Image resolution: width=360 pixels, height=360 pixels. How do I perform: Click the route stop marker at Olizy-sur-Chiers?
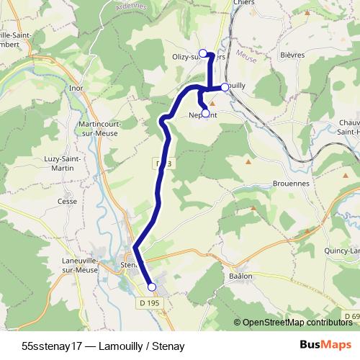tap(202, 53)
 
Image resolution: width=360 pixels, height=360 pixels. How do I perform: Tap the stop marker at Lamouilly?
tap(225, 87)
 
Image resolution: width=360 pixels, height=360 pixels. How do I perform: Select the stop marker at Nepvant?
tap(205, 113)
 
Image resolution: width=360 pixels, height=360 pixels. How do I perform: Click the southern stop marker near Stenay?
tap(151, 287)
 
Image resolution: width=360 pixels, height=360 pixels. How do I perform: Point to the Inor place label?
tap(77, 89)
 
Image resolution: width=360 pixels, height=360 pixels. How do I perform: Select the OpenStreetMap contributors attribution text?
tap(297, 323)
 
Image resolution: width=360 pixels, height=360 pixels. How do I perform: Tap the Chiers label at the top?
tap(245, 3)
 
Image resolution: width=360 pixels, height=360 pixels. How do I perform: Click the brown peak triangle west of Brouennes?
tap(248, 161)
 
